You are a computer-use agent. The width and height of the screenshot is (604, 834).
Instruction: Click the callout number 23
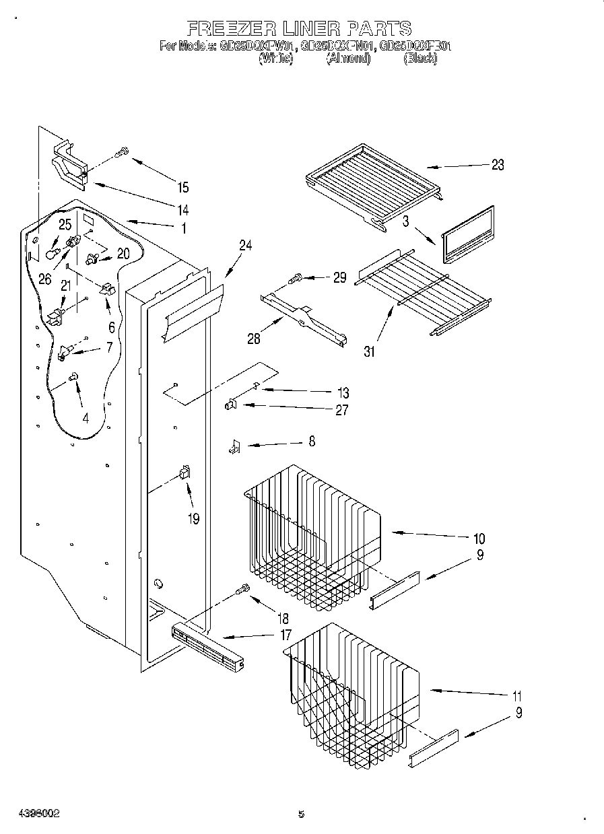pyautogui.click(x=497, y=165)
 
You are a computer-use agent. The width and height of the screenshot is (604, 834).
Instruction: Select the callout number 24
pyautogui.click(x=245, y=246)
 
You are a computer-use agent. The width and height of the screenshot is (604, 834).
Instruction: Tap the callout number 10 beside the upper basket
pyautogui.click(x=479, y=538)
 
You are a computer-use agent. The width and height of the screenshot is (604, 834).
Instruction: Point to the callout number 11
pyautogui.click(x=516, y=696)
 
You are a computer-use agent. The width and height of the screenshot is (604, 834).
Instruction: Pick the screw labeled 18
pyautogui.click(x=242, y=590)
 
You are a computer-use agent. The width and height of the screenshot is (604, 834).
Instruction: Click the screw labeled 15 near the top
pyautogui.click(x=123, y=153)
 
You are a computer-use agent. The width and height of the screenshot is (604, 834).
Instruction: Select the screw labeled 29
pyautogui.click(x=296, y=277)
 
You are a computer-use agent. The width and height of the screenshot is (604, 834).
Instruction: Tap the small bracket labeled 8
pyautogui.click(x=234, y=446)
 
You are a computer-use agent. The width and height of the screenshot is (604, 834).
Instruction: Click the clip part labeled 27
pyautogui.click(x=230, y=405)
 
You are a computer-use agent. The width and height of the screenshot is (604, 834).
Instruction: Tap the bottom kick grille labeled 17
pyautogui.click(x=207, y=646)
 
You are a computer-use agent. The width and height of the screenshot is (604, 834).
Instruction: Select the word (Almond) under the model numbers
pyautogui.click(x=349, y=59)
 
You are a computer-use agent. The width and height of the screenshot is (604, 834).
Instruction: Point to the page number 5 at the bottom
pyautogui.click(x=302, y=814)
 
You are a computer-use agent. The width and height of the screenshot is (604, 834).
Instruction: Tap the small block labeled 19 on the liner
pyautogui.click(x=184, y=473)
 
